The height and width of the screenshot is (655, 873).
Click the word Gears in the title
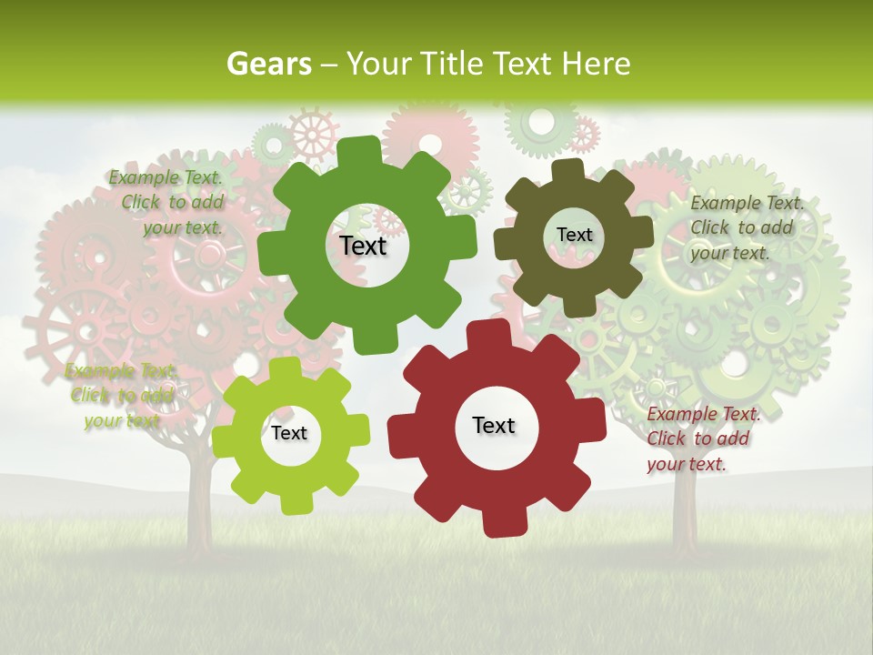pos(269,64)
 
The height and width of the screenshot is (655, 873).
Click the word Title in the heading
pos(455,64)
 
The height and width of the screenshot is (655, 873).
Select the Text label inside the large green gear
pos(364,246)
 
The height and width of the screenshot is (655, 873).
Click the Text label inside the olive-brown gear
pos(574,235)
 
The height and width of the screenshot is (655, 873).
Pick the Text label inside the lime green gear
pos(289,433)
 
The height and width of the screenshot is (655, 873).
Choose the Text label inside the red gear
pos(494,425)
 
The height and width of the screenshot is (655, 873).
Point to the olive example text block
pos(746,227)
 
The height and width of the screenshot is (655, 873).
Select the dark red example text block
pos(702,438)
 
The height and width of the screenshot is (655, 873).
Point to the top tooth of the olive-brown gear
pos(567,169)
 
